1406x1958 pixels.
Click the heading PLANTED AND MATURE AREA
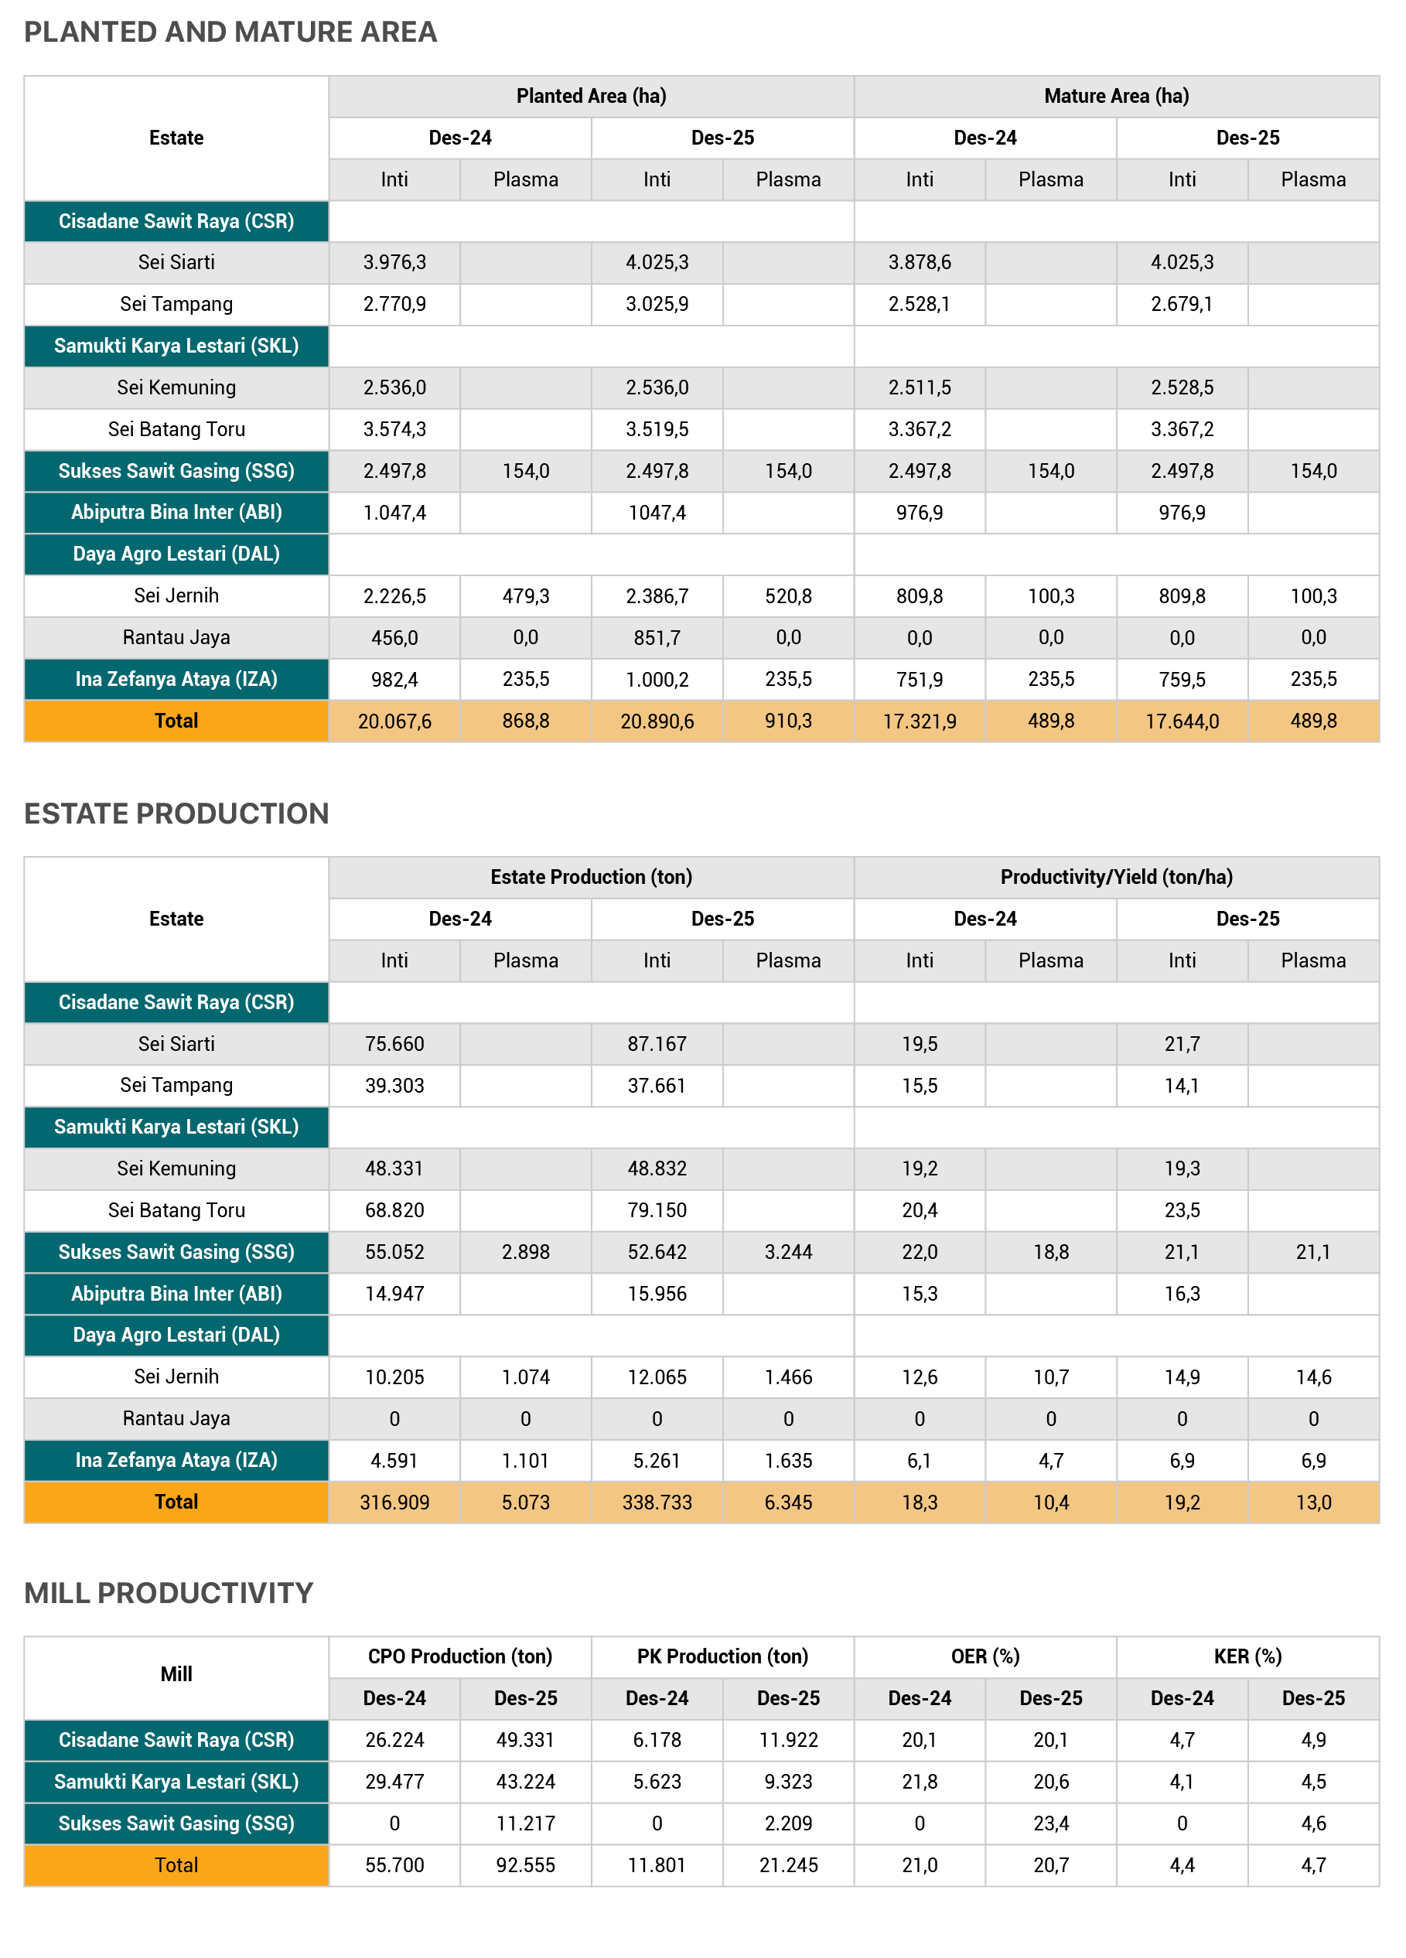coord(230,32)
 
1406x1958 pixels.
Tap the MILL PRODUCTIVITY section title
coord(169,1593)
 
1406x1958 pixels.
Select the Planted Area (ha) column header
coord(591,96)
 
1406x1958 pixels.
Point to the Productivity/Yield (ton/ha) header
coord(1116,877)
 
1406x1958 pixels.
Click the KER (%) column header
coord(1247,1656)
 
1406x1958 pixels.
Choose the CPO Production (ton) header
coord(459,1656)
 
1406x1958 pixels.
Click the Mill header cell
coord(176,1675)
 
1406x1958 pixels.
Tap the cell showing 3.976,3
coord(394,262)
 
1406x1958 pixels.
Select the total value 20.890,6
coord(657,721)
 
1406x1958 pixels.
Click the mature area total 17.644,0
coord(1182,721)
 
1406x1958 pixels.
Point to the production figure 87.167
coord(657,1045)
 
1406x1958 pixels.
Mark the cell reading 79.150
coord(657,1210)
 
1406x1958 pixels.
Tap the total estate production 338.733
coord(657,1503)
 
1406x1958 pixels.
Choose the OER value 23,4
coord(1050,1823)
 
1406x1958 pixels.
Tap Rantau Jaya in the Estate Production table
coord(176,1419)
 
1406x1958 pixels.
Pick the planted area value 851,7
coord(657,638)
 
